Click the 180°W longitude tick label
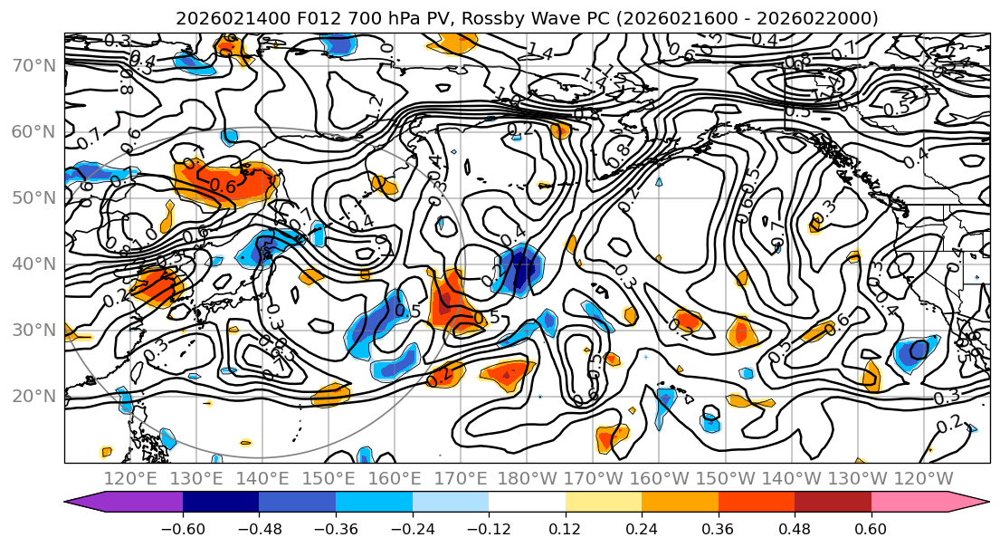527,477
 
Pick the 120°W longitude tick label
923,477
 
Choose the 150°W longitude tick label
725,477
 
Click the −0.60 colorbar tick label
183,527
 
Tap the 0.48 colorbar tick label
795,527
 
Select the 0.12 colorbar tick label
565,527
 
